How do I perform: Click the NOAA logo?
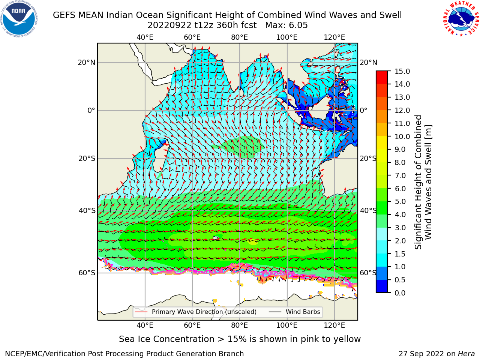click(19, 19)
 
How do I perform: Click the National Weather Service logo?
click(461, 18)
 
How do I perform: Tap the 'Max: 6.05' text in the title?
click(286, 25)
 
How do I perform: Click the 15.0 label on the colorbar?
click(402, 72)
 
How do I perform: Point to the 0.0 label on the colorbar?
click(400, 293)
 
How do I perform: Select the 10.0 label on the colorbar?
click(402, 136)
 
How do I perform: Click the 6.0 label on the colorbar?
click(400, 189)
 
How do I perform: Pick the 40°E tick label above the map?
click(145, 37)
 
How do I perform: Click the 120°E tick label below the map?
click(334, 325)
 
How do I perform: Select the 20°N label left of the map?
click(87, 63)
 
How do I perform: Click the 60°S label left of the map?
click(87, 273)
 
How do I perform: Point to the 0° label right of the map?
click(363, 110)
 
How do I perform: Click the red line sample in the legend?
click(141, 312)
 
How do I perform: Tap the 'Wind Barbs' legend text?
click(303, 312)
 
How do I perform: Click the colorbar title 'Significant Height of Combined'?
click(418, 182)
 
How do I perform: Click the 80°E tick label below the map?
click(240, 325)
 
